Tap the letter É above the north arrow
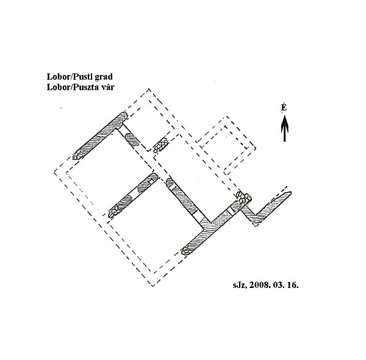[x=284, y=107]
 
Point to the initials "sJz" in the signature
[x=240, y=285]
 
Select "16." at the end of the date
[x=293, y=285]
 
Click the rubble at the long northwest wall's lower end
[x=78, y=155]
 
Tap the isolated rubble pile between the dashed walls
[x=160, y=145]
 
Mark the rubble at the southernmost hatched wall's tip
[x=187, y=251]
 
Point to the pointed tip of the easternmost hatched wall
[x=291, y=192]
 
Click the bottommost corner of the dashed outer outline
[x=152, y=286]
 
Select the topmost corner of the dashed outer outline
[x=149, y=88]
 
